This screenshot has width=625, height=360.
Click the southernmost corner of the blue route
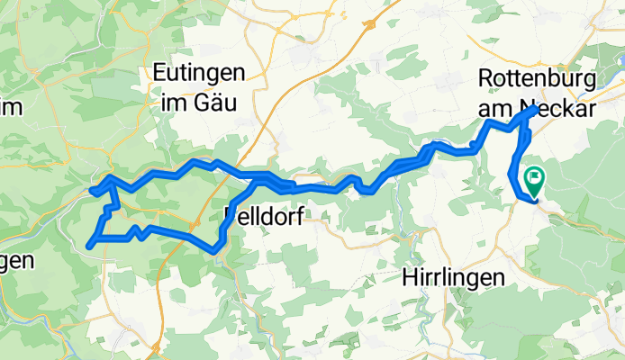pos(216,250)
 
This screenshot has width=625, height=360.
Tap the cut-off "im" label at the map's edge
pos(9,104)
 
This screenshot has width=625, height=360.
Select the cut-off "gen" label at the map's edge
pos(15,261)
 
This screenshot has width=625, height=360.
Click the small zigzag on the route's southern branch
pos(135,231)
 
